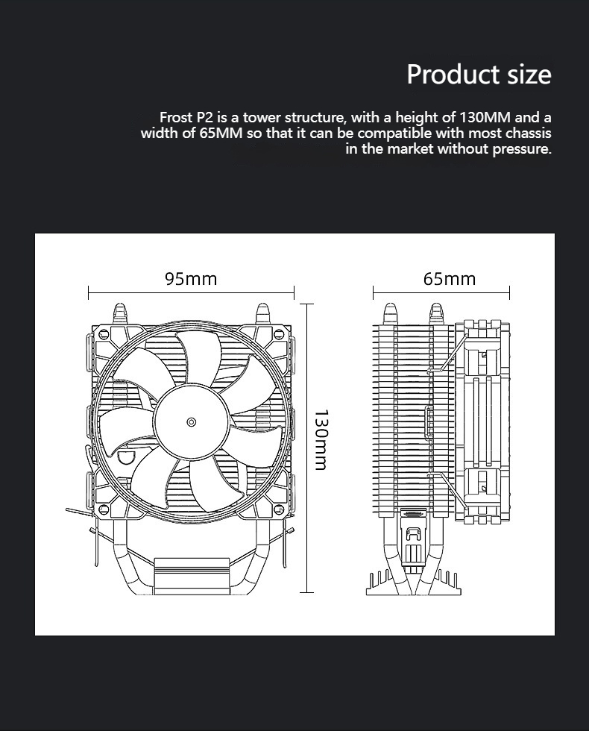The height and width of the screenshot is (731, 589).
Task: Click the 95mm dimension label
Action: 191,279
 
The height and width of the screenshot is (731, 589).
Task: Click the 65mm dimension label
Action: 449,279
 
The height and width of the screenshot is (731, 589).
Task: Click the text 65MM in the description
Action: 220,134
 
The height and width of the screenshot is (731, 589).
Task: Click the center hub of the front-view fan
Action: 192,422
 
